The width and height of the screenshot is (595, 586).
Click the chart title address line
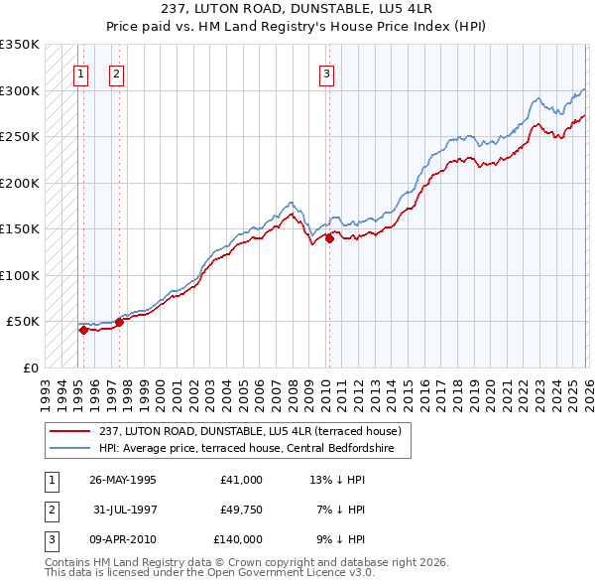coord(297,8)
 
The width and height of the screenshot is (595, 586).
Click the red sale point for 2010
coord(329,238)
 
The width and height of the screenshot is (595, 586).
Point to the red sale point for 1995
coord(83,331)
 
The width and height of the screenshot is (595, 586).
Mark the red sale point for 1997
coord(119,322)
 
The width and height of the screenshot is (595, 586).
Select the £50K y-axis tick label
coord(23,322)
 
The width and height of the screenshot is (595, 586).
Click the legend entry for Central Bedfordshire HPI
coord(232,449)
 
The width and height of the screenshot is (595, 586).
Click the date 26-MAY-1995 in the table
coord(122,480)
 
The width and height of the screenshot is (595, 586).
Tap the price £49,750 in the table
coord(238,510)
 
